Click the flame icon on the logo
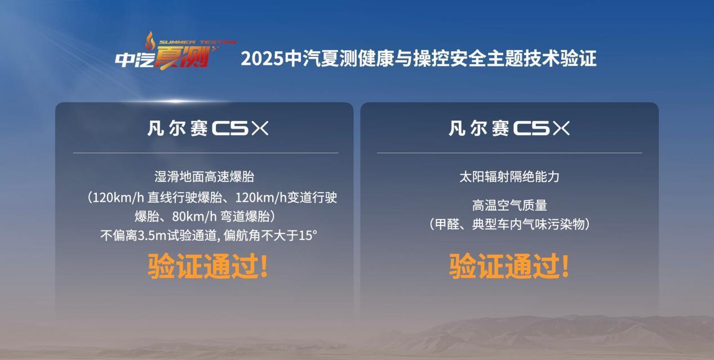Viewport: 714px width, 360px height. point(150,41)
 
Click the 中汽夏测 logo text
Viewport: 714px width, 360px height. point(162,57)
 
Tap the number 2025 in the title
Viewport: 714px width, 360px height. point(262,59)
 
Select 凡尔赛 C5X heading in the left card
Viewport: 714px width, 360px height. point(208,128)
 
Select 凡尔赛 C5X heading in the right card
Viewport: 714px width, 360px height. point(509,128)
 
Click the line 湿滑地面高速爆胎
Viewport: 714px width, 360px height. point(205,176)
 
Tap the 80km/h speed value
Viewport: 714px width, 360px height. point(194,217)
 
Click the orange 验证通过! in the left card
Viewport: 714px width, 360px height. point(208,266)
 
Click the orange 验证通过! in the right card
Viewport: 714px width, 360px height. point(509,266)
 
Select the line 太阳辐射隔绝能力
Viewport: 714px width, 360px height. point(509,176)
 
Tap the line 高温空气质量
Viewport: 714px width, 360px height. point(509,205)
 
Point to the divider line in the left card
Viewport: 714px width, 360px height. point(206,153)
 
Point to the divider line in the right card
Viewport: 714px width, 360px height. point(509,153)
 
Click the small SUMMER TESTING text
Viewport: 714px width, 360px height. point(198,42)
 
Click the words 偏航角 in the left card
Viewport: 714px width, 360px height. point(242,235)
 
